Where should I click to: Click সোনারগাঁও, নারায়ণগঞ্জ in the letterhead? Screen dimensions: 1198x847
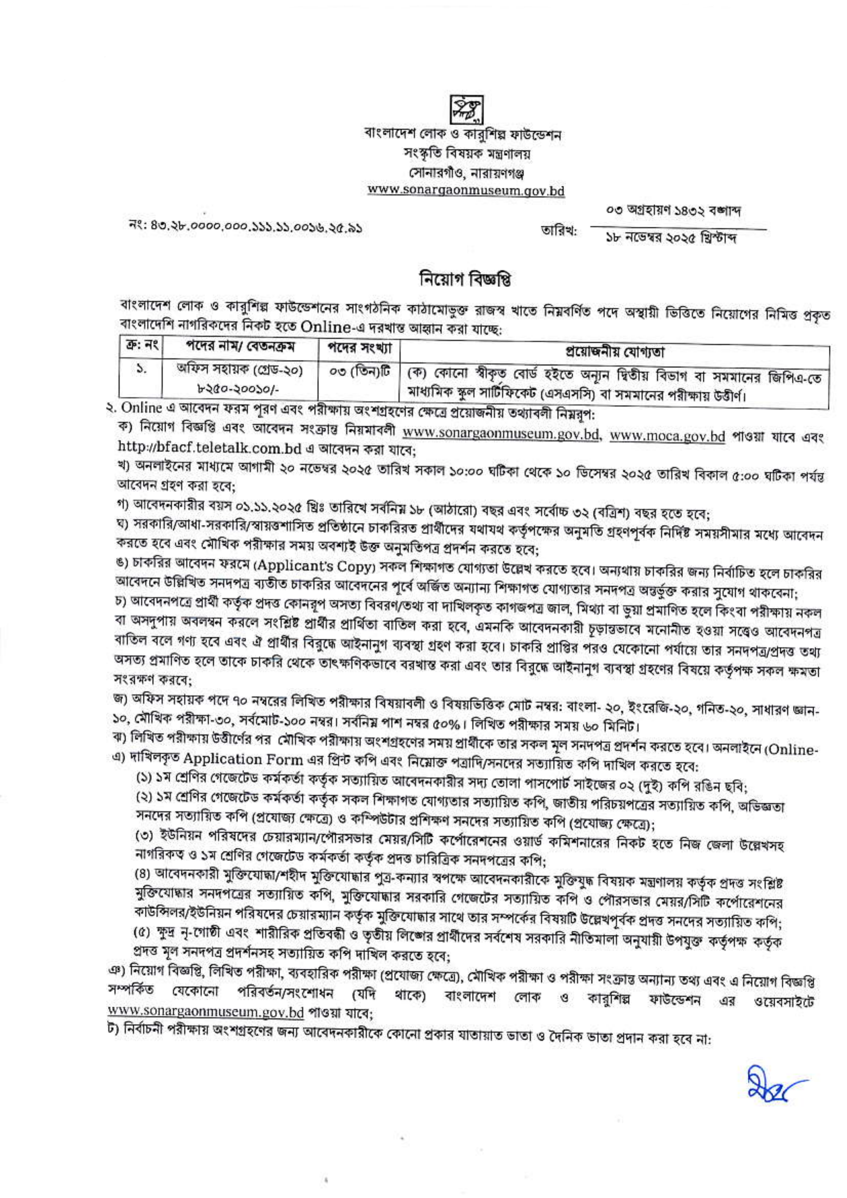coord(465,172)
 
